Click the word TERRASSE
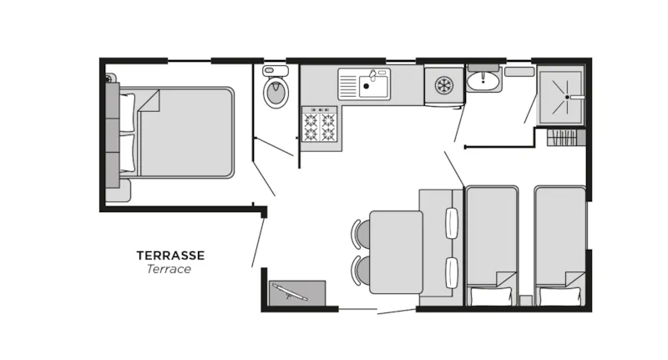pyautogui.click(x=170, y=256)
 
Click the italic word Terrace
pyautogui.click(x=169, y=269)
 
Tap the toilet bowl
pyautogui.click(x=275, y=92)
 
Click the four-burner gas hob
pyautogui.click(x=319, y=127)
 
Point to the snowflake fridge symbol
pyautogui.click(x=443, y=85)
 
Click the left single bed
pyautogui.click(x=492, y=238)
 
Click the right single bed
pyautogui.click(x=559, y=238)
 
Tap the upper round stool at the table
pyautogui.click(x=362, y=234)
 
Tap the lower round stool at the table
pyautogui.click(x=362, y=271)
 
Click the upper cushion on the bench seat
pyautogui.click(x=453, y=222)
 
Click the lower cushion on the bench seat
pyautogui.click(x=453, y=272)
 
